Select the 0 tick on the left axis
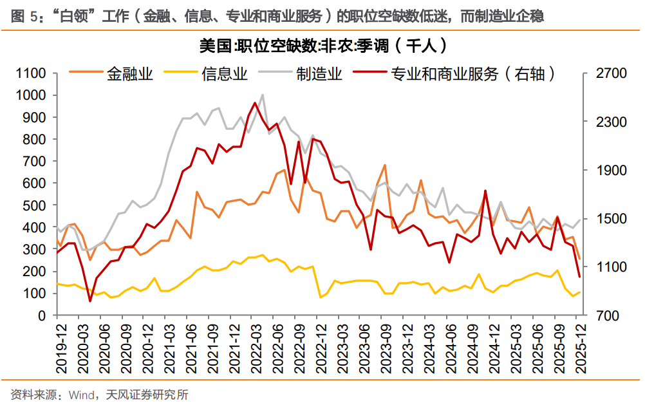click(x=44, y=315)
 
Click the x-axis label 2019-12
click(x=57, y=348)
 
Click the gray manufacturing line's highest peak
click(x=262, y=95)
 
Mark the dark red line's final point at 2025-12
click(x=579, y=277)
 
